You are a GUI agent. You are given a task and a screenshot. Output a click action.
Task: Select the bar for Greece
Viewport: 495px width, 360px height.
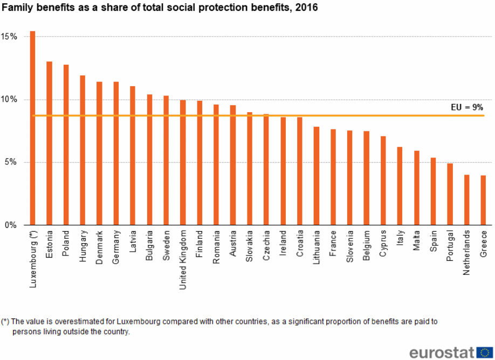[x=484, y=200]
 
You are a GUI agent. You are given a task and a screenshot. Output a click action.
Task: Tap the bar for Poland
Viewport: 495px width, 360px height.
[x=66, y=145]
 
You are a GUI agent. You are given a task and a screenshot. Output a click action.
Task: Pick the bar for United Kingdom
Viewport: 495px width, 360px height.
[x=183, y=162]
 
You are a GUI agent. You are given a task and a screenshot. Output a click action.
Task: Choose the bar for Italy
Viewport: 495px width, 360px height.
[x=400, y=186]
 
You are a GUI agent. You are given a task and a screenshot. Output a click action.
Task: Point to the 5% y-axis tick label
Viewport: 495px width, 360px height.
[x=12, y=162]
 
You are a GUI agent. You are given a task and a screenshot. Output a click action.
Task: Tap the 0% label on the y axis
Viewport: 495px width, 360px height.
[x=12, y=225]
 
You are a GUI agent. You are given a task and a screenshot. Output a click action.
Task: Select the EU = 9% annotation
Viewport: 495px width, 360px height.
[x=466, y=107]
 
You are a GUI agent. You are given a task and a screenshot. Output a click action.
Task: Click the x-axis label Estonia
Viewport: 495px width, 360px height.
[x=49, y=245]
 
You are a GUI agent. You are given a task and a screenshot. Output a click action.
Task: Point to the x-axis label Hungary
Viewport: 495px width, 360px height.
[x=82, y=246]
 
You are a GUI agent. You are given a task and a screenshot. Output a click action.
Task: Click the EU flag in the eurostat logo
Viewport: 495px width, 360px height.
[x=485, y=352]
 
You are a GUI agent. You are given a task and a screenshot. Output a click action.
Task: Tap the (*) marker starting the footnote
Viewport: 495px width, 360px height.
[x=5, y=322]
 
